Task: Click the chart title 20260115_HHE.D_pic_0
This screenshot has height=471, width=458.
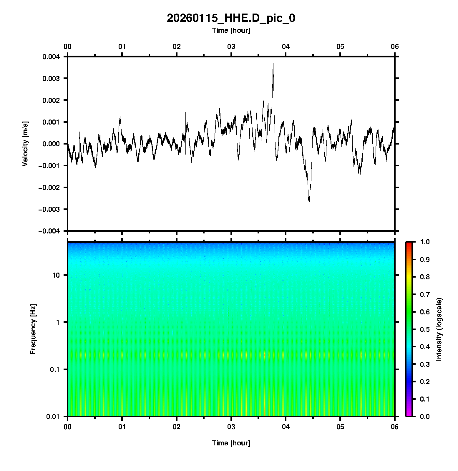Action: tap(231, 18)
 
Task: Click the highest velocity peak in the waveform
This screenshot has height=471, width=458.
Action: tap(273, 64)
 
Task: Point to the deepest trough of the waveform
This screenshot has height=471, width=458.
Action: tap(309, 204)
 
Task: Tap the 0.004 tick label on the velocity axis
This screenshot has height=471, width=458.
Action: tap(51, 57)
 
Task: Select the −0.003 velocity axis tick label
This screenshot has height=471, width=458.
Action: tap(49, 209)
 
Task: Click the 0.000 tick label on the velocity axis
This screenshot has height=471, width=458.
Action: tap(51, 144)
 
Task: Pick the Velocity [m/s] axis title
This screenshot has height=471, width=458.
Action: tap(25, 144)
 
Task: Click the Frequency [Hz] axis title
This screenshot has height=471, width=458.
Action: tap(33, 329)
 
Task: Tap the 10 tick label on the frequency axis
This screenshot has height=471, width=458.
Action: tap(56, 276)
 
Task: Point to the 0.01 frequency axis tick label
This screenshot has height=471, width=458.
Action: tap(53, 417)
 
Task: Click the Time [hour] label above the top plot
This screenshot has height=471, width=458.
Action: tap(231, 30)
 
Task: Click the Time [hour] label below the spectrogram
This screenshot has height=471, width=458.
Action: tap(231, 443)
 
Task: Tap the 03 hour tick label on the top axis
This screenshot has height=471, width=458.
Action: tap(231, 47)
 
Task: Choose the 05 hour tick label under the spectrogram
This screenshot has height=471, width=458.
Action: tap(340, 427)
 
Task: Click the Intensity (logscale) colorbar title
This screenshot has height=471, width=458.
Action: tap(439, 329)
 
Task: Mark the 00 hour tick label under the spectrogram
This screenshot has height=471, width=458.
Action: tap(68, 427)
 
